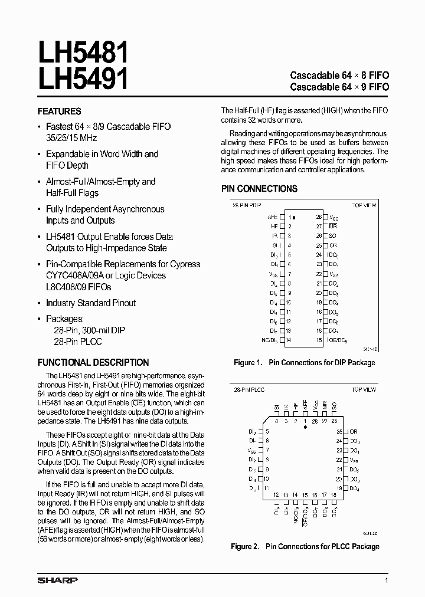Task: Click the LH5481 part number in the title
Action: click(x=83, y=53)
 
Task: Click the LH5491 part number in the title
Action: click(x=83, y=79)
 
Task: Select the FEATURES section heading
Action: click(x=59, y=111)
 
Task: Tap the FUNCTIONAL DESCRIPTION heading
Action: click(x=93, y=362)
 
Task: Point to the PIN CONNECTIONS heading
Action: click(x=259, y=189)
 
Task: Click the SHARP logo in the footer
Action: click(x=57, y=580)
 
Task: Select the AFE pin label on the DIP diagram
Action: click(x=273, y=217)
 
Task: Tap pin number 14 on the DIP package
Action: click(x=289, y=340)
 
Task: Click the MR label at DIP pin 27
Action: click(x=333, y=227)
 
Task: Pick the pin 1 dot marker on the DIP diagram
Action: click(x=295, y=218)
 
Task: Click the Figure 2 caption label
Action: click(x=245, y=547)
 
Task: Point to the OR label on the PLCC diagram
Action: click(x=354, y=432)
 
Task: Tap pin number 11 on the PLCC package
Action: click(x=267, y=488)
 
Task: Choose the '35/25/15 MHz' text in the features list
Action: click(x=71, y=137)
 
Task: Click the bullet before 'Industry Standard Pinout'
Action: click(x=40, y=303)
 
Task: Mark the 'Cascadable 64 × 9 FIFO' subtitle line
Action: click(x=339, y=87)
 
